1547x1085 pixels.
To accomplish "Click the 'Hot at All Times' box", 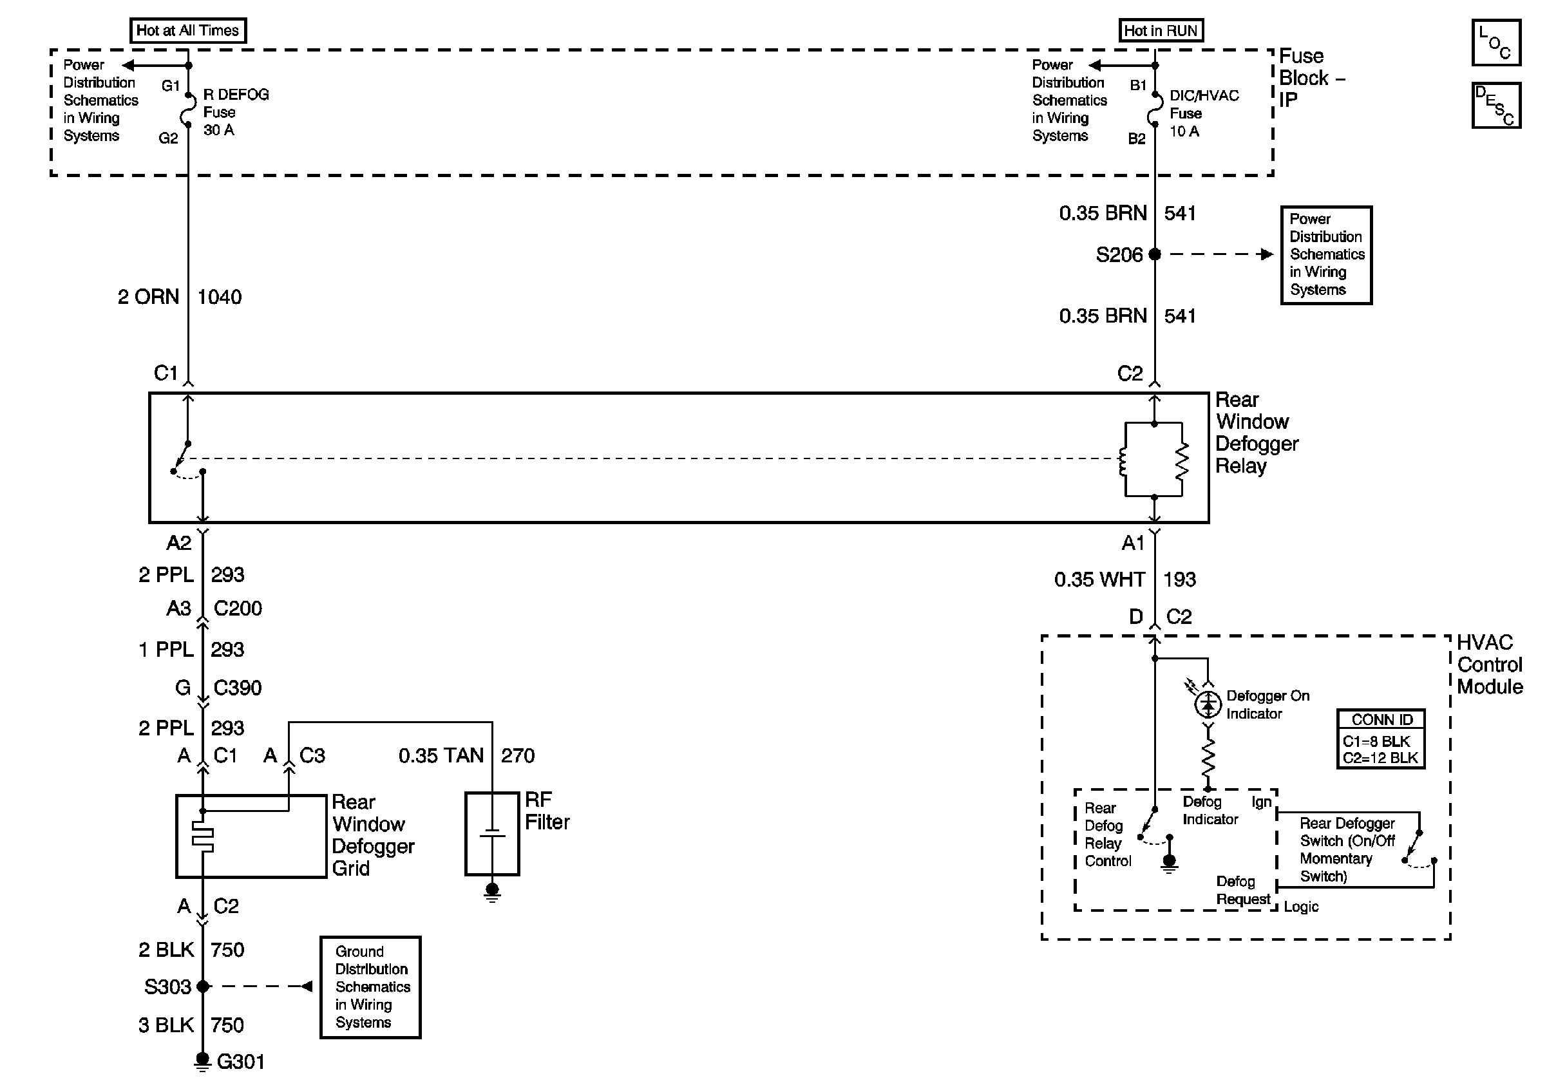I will click(188, 30).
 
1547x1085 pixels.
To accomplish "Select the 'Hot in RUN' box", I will click(1161, 30).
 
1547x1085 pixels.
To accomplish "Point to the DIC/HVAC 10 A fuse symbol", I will click(1155, 111).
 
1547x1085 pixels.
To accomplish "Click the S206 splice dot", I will click(1155, 254).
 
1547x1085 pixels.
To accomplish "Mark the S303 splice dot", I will click(203, 986).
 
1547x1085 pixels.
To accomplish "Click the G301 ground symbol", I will click(202, 1062).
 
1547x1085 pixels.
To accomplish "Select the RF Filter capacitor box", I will click(493, 834).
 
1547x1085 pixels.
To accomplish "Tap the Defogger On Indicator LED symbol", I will click(1208, 704).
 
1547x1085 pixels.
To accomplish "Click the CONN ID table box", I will click(1381, 739).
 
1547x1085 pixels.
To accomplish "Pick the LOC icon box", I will click(1495, 42).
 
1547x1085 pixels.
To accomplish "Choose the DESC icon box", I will click(1495, 105).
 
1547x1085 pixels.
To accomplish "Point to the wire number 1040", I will click(220, 297).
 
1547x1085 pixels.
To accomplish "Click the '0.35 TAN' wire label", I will click(441, 756).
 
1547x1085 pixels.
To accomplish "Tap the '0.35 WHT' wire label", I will click(1099, 580).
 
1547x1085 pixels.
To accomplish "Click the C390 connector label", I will click(238, 688).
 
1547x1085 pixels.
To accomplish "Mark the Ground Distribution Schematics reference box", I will click(370, 987).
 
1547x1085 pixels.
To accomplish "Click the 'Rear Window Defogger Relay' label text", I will click(1257, 433).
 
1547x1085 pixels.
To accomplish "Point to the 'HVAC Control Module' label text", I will click(1489, 665).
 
